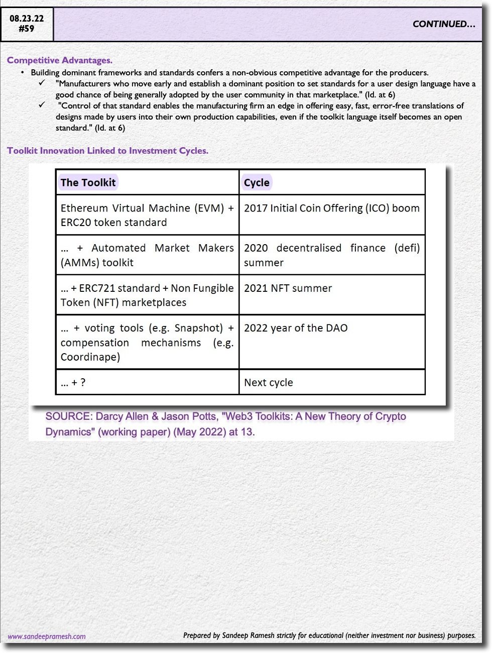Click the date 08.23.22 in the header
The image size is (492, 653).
(27, 19)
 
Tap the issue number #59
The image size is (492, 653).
(27, 29)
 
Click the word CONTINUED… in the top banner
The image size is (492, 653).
(444, 24)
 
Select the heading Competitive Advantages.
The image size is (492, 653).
(60, 60)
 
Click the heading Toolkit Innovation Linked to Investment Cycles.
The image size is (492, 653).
(107, 151)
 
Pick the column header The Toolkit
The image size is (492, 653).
(88, 182)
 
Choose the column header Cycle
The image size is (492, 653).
(257, 182)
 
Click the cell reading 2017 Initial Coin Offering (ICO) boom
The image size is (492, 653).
(331, 208)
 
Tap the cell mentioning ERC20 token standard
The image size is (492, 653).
(147, 215)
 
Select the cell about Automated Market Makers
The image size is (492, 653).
(147, 255)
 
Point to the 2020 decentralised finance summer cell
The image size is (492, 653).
(331, 255)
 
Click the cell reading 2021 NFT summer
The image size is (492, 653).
(288, 288)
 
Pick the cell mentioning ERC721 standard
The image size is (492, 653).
(147, 295)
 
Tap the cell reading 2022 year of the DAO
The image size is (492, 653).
(296, 328)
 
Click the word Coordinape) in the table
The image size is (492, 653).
(90, 357)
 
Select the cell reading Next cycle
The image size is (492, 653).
(269, 383)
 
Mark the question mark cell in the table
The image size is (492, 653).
(73, 383)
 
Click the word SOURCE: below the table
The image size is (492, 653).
(69, 416)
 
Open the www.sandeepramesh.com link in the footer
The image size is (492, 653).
(47, 636)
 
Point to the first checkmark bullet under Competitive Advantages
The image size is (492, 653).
(42, 83)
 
